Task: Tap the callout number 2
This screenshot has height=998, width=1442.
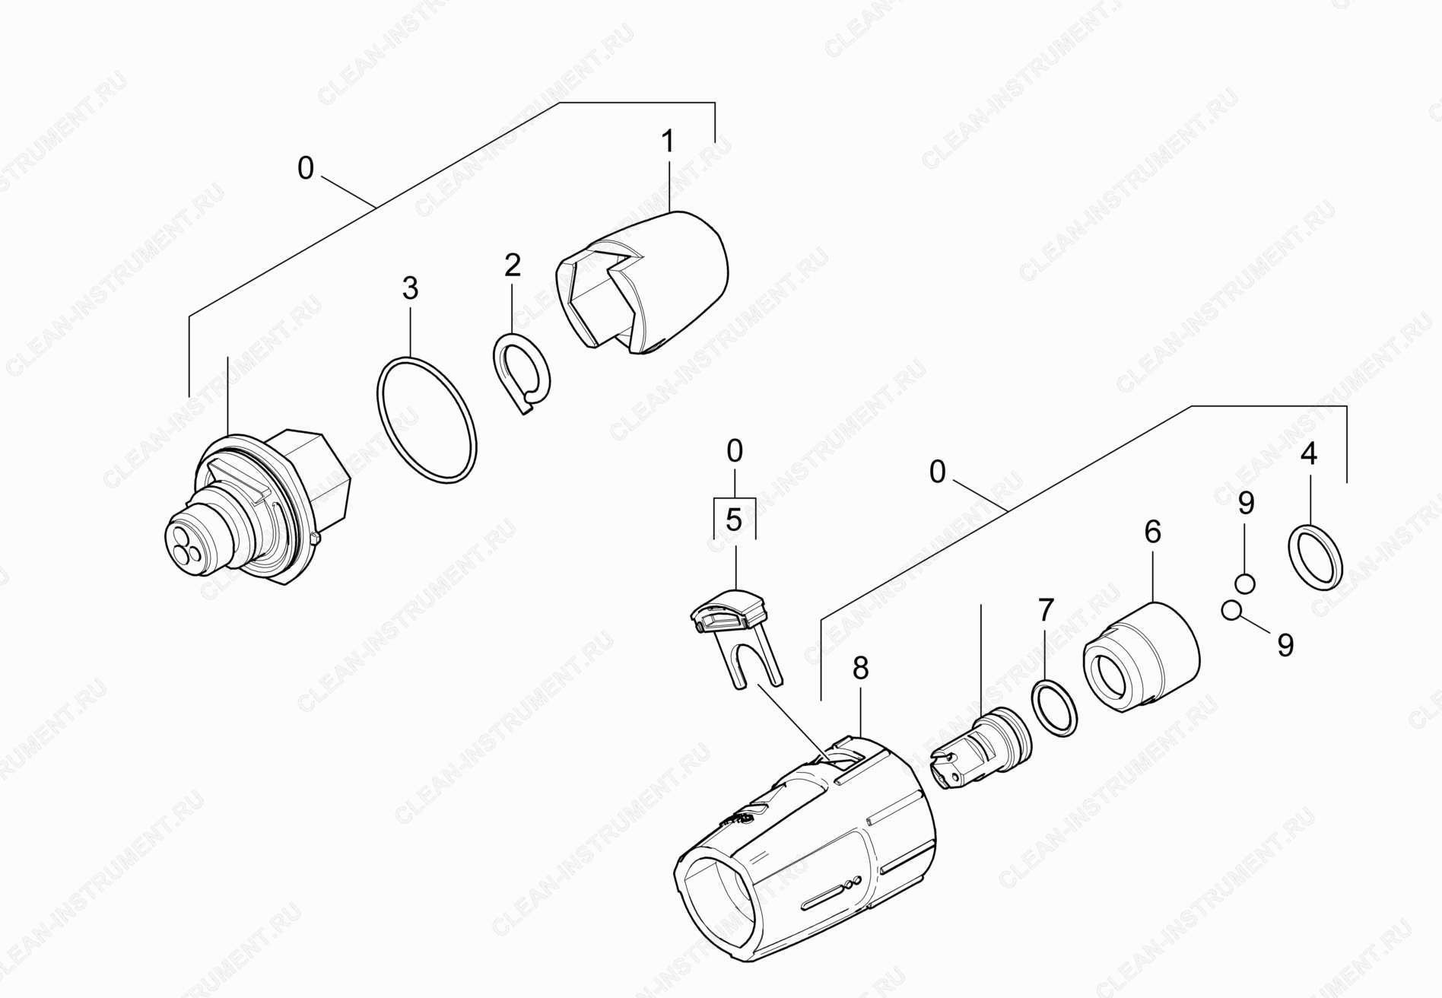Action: (x=513, y=265)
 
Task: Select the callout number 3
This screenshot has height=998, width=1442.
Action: (x=410, y=289)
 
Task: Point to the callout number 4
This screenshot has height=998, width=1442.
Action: (x=1309, y=454)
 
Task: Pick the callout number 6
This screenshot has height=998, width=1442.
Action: (x=1152, y=532)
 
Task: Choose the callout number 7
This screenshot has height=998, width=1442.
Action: (x=1047, y=609)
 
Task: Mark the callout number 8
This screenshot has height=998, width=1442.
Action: (x=860, y=669)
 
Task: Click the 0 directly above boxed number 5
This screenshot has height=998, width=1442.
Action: (x=734, y=452)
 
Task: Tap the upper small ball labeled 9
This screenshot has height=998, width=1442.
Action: (x=1244, y=583)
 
